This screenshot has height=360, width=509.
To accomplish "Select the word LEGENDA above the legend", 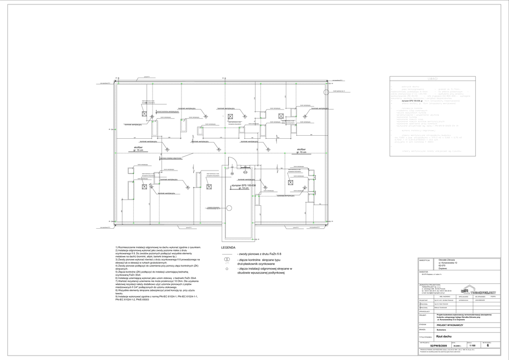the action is tap(228, 247).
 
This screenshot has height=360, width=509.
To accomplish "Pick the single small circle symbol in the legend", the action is tap(227, 269).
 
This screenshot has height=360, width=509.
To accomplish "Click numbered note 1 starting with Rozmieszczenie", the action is tap(158, 247).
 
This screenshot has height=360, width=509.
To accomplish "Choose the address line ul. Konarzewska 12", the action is tap(448, 263).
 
